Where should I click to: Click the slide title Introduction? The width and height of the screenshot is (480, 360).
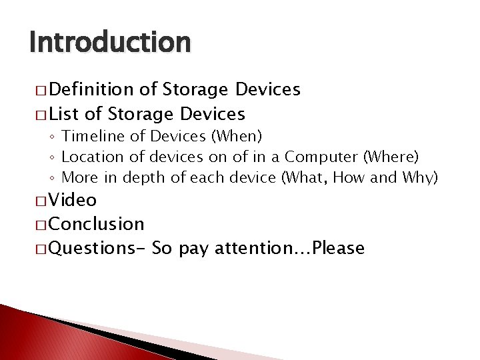click(110, 43)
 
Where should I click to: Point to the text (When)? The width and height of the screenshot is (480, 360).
click(236, 137)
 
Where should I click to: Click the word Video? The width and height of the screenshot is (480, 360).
click(73, 200)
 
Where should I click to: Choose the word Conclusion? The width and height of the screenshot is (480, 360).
click(96, 224)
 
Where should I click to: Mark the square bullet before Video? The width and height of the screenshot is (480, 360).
click(37, 201)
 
